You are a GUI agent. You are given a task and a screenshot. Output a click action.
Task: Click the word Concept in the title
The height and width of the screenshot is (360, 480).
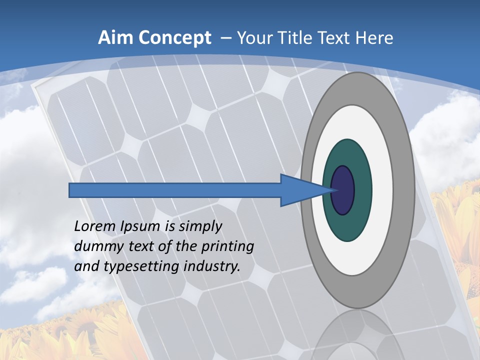click(x=174, y=38)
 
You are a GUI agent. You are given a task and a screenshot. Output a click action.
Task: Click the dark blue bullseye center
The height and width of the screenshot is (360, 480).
click(x=343, y=190)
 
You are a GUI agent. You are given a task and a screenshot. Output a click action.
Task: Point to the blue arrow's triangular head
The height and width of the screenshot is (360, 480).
click(x=300, y=190)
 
